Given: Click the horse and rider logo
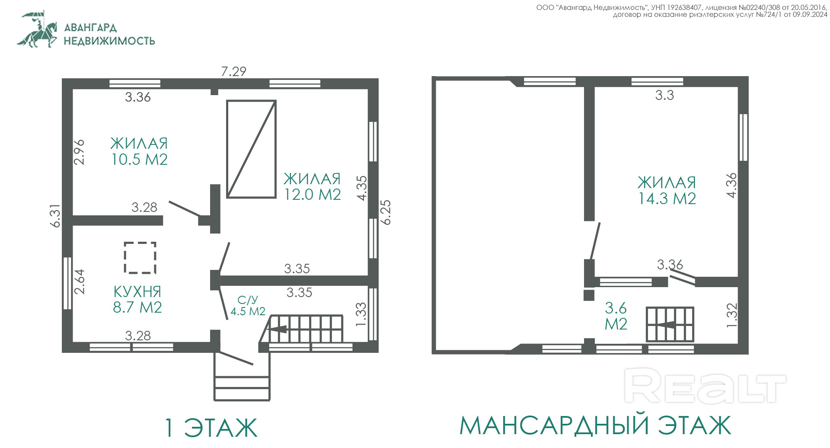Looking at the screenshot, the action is [38, 29].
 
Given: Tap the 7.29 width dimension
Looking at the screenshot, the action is [233, 71].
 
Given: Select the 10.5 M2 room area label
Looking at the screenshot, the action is [139, 160].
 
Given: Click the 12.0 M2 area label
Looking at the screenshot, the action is [312, 195].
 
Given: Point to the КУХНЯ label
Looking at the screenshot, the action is [137, 291].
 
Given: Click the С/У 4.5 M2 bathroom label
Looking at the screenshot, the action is [248, 306].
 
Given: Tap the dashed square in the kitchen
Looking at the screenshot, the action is [140, 258].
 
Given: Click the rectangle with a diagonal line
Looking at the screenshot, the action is [252, 149].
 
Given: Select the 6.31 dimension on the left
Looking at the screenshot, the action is [56, 216].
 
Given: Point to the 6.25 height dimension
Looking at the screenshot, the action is [386, 212].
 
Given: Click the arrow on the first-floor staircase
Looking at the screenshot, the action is [277, 329].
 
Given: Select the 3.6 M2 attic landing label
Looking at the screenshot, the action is [616, 316].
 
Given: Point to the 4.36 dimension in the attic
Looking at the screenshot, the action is [731, 186].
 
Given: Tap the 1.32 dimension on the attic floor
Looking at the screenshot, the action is [731, 315].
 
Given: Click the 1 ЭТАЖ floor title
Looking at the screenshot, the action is [211, 427].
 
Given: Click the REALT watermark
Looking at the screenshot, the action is [705, 386].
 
